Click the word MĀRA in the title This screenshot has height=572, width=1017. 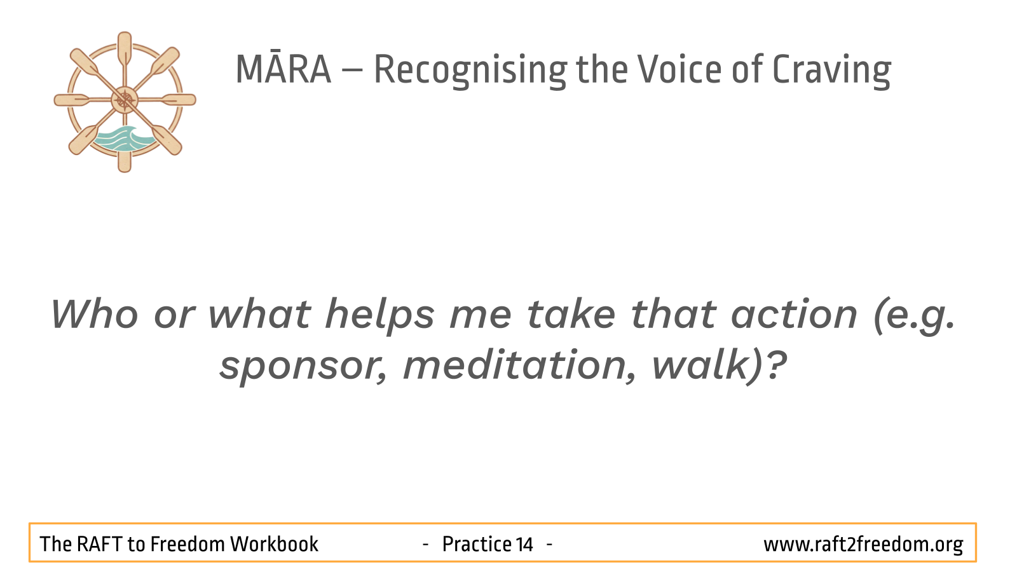pyautogui.click(x=283, y=69)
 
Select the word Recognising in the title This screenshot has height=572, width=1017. pyautogui.click(x=470, y=71)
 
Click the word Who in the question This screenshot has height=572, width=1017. pyautogui.click(x=95, y=314)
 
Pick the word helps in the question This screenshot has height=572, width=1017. pyautogui.click(x=380, y=316)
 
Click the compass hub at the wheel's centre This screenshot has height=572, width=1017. pyautogui.click(x=125, y=100)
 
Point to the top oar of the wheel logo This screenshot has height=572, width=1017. pyautogui.click(x=125, y=49)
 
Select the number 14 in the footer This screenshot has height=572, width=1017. pyautogui.click(x=524, y=544)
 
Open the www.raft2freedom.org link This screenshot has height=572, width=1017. pyautogui.click(x=863, y=545)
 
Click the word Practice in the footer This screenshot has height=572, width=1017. pyautogui.click(x=477, y=544)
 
